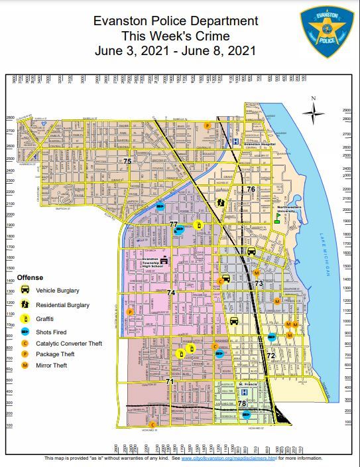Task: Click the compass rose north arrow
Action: point(314,111)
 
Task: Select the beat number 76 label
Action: point(251,190)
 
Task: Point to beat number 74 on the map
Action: point(171,293)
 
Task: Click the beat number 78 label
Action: point(242,403)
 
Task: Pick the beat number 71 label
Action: point(170,381)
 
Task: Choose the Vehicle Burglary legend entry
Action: point(57,291)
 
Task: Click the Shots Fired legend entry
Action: point(53,330)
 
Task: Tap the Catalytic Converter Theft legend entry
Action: point(68,343)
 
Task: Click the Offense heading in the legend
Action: point(30,277)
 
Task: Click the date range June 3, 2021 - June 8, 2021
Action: point(175,50)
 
